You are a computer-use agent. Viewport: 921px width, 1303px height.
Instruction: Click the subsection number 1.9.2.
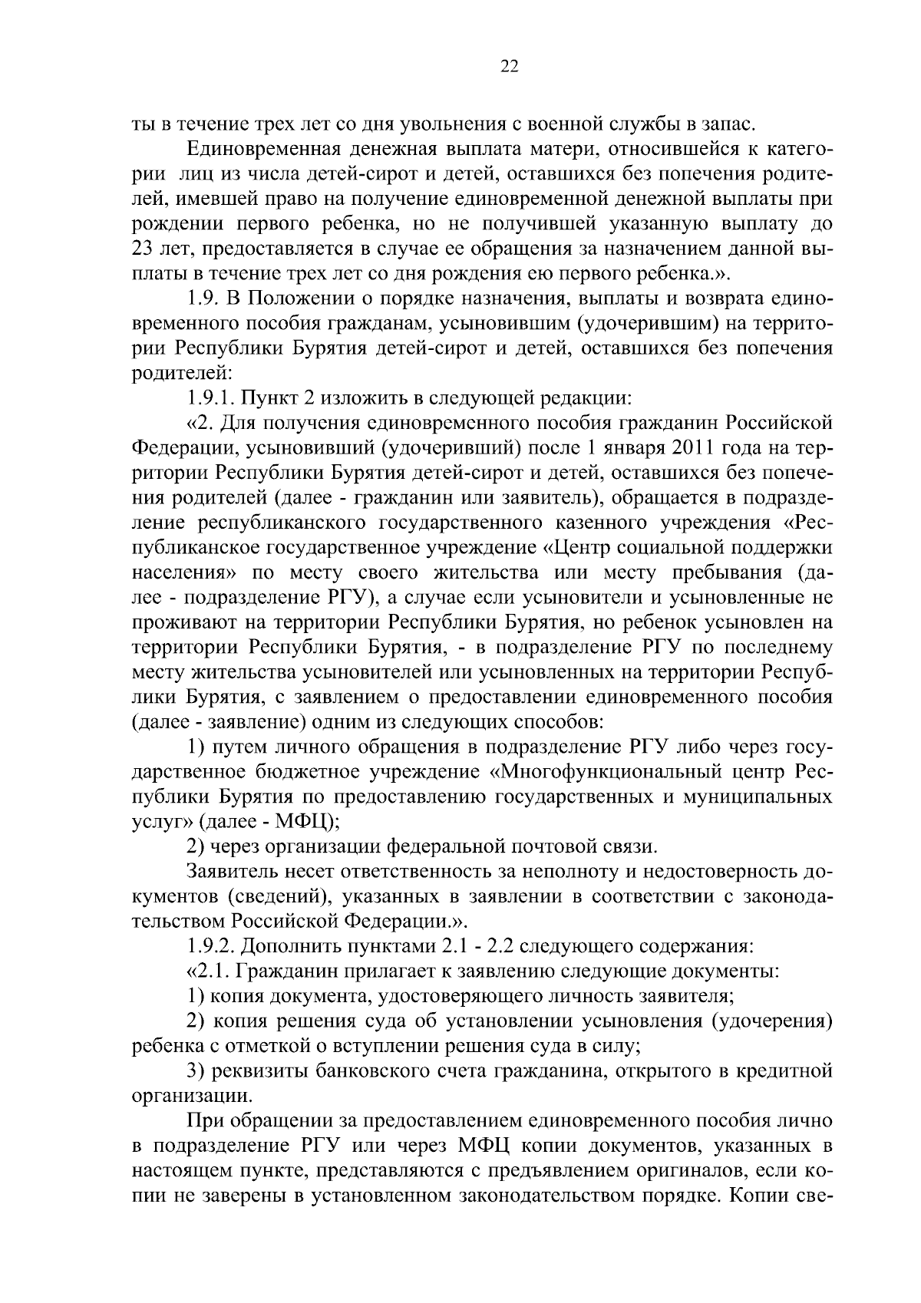point(210,946)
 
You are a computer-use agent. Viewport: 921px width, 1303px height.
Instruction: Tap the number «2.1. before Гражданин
point(209,971)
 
